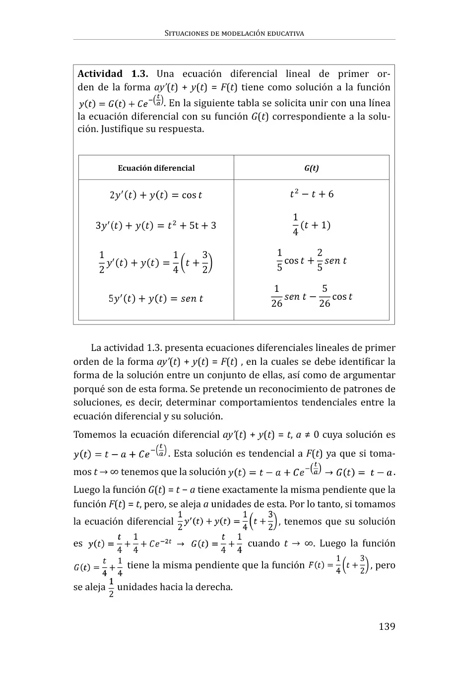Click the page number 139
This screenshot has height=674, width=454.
pyautogui.click(x=387, y=626)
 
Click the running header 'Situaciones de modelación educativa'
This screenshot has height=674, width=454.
pyautogui.click(x=234, y=34)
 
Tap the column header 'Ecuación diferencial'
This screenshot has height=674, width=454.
pyautogui.click(x=156, y=168)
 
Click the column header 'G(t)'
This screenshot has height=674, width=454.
pyautogui.click(x=311, y=168)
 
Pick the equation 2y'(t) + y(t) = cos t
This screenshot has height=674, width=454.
pyautogui.click(x=156, y=195)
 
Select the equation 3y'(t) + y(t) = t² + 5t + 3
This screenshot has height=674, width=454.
pyautogui.click(x=156, y=226)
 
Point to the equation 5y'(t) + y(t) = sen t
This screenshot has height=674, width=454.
pyautogui.click(x=156, y=299)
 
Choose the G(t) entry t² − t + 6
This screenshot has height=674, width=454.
pyautogui.click(x=312, y=194)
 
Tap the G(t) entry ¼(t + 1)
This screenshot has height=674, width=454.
pyautogui.click(x=311, y=225)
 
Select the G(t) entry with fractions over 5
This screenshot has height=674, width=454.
pyautogui.click(x=311, y=261)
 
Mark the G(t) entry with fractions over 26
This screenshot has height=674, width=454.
pyautogui.click(x=311, y=297)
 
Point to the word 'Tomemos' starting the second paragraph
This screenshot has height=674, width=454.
pyautogui.click(x=93, y=435)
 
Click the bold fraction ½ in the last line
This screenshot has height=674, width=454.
pyautogui.click(x=111, y=587)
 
